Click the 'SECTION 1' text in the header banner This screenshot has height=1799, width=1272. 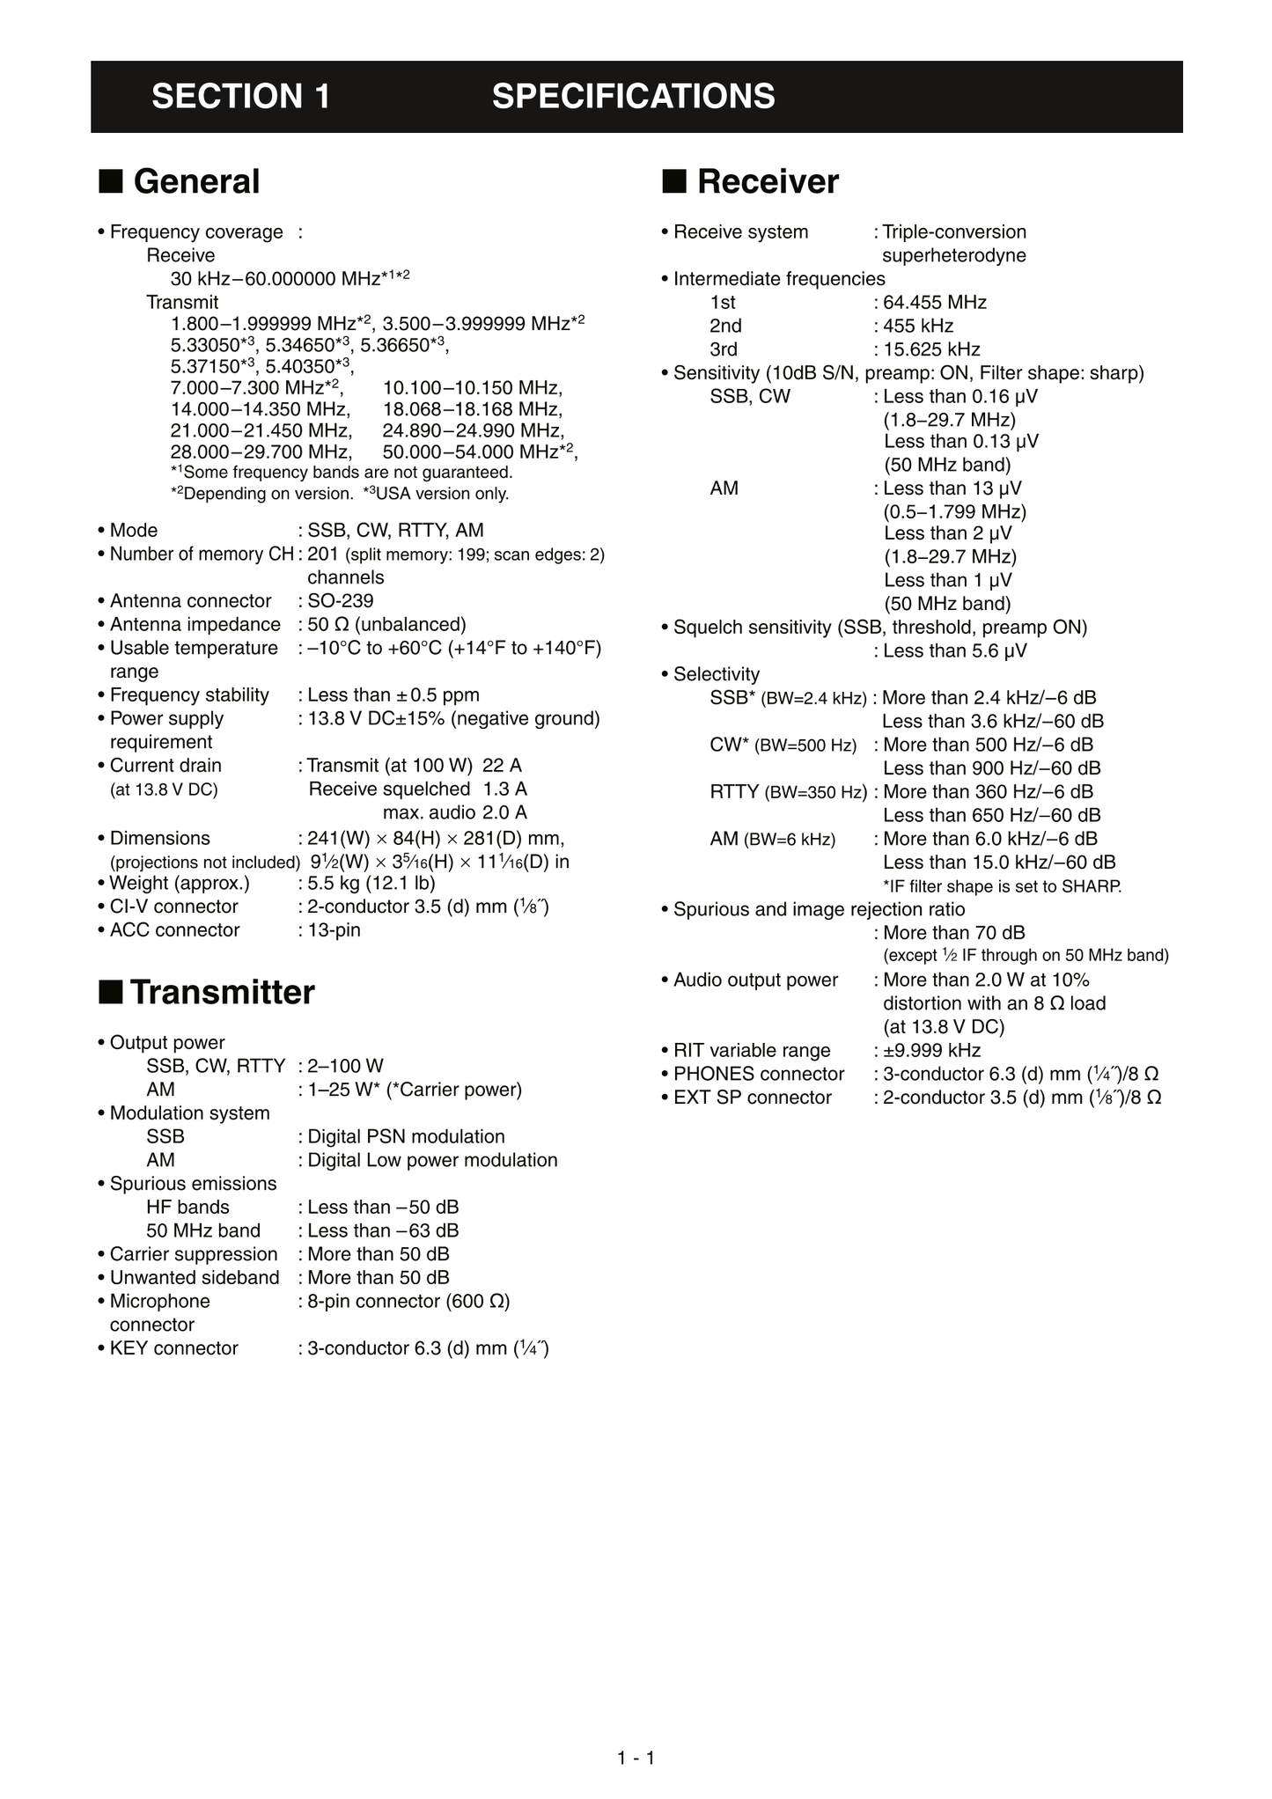[x=240, y=97]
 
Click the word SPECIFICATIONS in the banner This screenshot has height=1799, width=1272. [x=633, y=97]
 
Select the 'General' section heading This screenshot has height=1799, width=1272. [x=196, y=182]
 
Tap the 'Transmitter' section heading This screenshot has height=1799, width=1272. [x=222, y=993]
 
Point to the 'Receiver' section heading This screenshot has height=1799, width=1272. [x=768, y=182]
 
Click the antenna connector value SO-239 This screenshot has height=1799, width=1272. [x=340, y=601]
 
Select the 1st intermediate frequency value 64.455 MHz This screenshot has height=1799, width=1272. [x=934, y=303]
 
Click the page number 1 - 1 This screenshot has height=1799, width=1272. [x=636, y=1759]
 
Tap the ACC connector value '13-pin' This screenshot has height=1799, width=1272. [x=334, y=930]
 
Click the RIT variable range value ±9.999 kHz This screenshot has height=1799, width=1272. [x=931, y=1051]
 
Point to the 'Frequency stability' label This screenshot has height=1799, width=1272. [x=189, y=695]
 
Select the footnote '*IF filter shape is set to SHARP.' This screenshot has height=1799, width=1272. [x=1002, y=886]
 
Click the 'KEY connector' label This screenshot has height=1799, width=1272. [x=173, y=1348]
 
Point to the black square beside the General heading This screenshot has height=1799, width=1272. [x=110, y=181]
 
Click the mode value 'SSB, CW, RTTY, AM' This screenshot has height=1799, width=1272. [x=395, y=531]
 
